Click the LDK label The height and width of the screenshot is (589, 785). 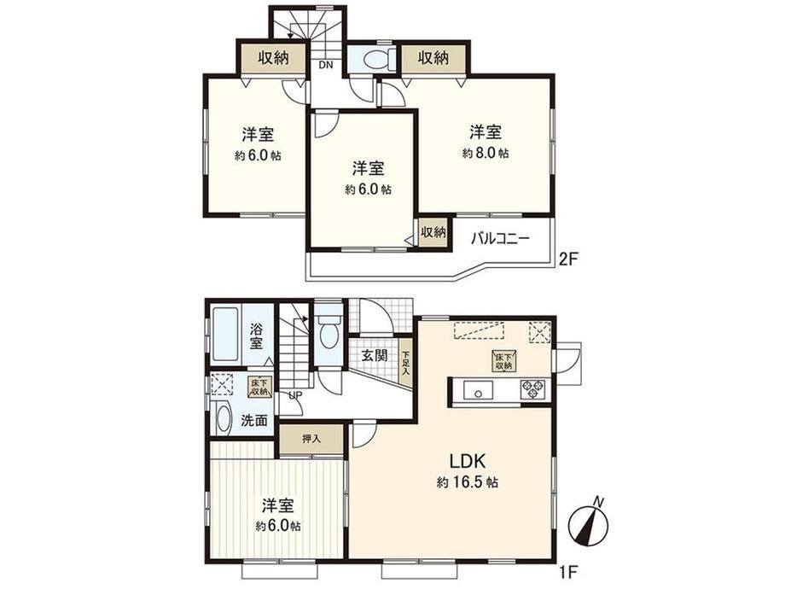click(467, 460)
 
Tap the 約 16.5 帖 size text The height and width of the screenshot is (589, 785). click(467, 483)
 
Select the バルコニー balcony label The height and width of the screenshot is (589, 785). click(500, 238)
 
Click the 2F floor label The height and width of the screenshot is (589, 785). click(569, 260)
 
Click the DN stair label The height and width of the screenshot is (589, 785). click(325, 65)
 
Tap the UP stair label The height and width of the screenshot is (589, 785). click(295, 395)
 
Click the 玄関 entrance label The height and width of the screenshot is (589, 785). click(375, 356)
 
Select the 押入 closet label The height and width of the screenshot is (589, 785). click(311, 440)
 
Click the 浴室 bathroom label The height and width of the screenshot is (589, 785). click(256, 336)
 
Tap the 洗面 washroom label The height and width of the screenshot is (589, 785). click(254, 421)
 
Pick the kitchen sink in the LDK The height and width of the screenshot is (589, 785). click(478, 390)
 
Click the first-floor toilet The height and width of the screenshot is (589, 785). click(329, 330)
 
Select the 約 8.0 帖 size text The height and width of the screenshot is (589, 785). click(486, 154)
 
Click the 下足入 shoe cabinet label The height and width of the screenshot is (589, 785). click(406, 363)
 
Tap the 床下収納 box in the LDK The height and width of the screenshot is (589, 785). click(503, 362)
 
